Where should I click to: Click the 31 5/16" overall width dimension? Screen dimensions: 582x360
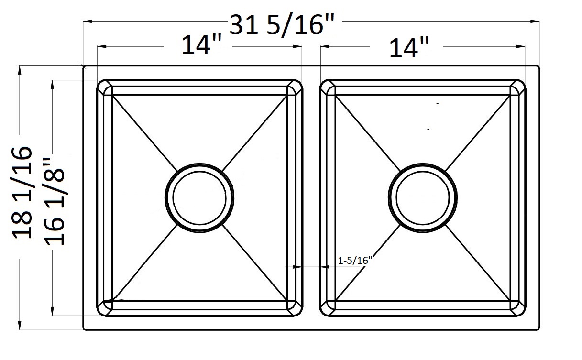(282, 25)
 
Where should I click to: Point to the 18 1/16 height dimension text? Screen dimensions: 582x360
(22, 193)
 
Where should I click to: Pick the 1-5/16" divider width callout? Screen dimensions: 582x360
(355, 260)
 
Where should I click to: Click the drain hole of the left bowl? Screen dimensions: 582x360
(199, 198)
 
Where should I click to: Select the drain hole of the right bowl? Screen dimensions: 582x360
(423, 198)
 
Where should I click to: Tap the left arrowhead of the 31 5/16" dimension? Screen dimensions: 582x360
(88, 22)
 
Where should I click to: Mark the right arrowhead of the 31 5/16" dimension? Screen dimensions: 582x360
(535, 22)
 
